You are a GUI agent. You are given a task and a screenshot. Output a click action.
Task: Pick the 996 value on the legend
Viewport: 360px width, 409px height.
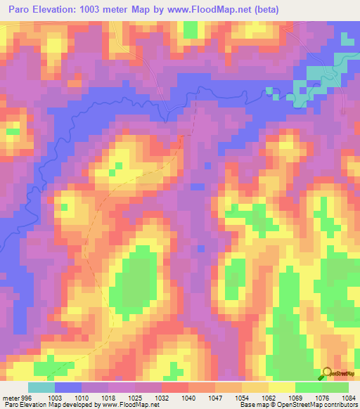(x=25, y=397)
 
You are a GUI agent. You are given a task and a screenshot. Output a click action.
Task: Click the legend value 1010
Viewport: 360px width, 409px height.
(x=82, y=397)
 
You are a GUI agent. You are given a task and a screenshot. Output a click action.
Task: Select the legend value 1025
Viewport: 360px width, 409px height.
(x=135, y=397)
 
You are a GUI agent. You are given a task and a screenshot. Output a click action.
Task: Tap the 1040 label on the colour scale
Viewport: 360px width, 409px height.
(x=188, y=397)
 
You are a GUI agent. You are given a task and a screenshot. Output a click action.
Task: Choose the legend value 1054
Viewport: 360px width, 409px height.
(x=242, y=397)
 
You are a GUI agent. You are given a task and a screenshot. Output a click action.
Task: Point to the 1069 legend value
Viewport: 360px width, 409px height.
(x=295, y=397)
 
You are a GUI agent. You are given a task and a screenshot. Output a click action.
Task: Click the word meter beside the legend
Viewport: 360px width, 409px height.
(x=10, y=397)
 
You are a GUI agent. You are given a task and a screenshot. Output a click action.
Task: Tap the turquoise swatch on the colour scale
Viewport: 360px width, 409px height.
(x=41, y=387)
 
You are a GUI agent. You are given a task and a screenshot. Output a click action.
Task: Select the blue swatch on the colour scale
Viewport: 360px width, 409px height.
(x=68, y=387)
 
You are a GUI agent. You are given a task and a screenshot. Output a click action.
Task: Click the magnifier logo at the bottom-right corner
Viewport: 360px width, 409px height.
(x=327, y=373)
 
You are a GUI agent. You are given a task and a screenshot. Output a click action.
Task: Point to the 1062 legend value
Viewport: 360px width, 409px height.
(x=269, y=397)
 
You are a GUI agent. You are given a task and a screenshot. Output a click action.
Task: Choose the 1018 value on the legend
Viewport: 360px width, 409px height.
(x=108, y=397)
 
